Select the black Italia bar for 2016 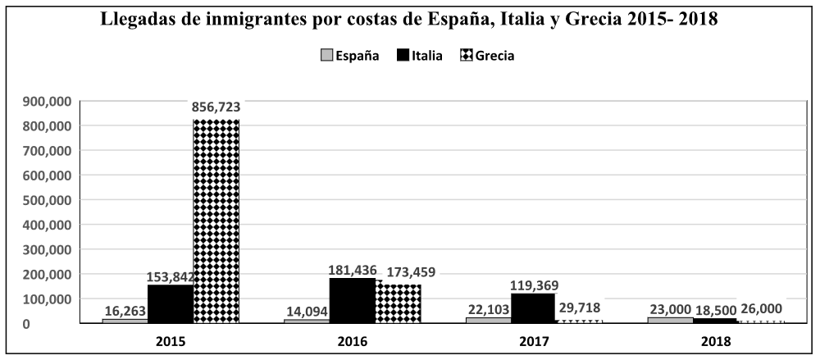352,300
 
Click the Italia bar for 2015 170,303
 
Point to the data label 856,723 216,107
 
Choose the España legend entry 349,56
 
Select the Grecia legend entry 489,56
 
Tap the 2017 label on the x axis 533,339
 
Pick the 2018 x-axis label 715,339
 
